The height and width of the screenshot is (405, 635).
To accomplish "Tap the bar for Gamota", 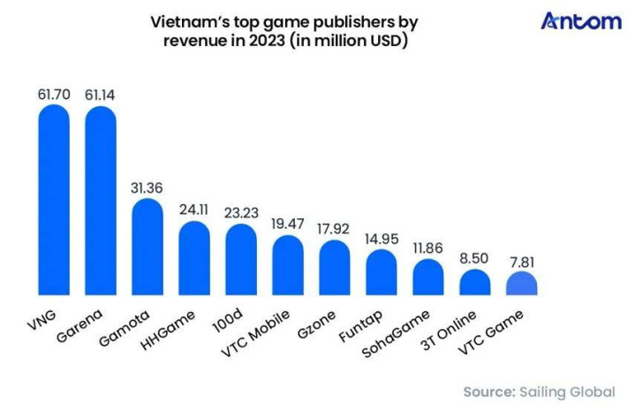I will pos(147,247).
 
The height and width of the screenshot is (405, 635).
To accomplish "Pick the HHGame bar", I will pos(193,258).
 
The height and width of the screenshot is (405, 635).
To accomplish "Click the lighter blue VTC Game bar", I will pos(521,284).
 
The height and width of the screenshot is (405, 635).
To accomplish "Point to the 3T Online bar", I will pos(474,283).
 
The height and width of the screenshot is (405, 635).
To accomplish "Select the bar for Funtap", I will pos(381,272).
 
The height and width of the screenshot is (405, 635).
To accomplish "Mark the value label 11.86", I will pos(427,245).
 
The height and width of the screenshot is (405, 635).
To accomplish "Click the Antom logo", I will pos(580,21).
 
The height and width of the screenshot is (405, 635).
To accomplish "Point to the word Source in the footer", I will pos(491,390).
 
